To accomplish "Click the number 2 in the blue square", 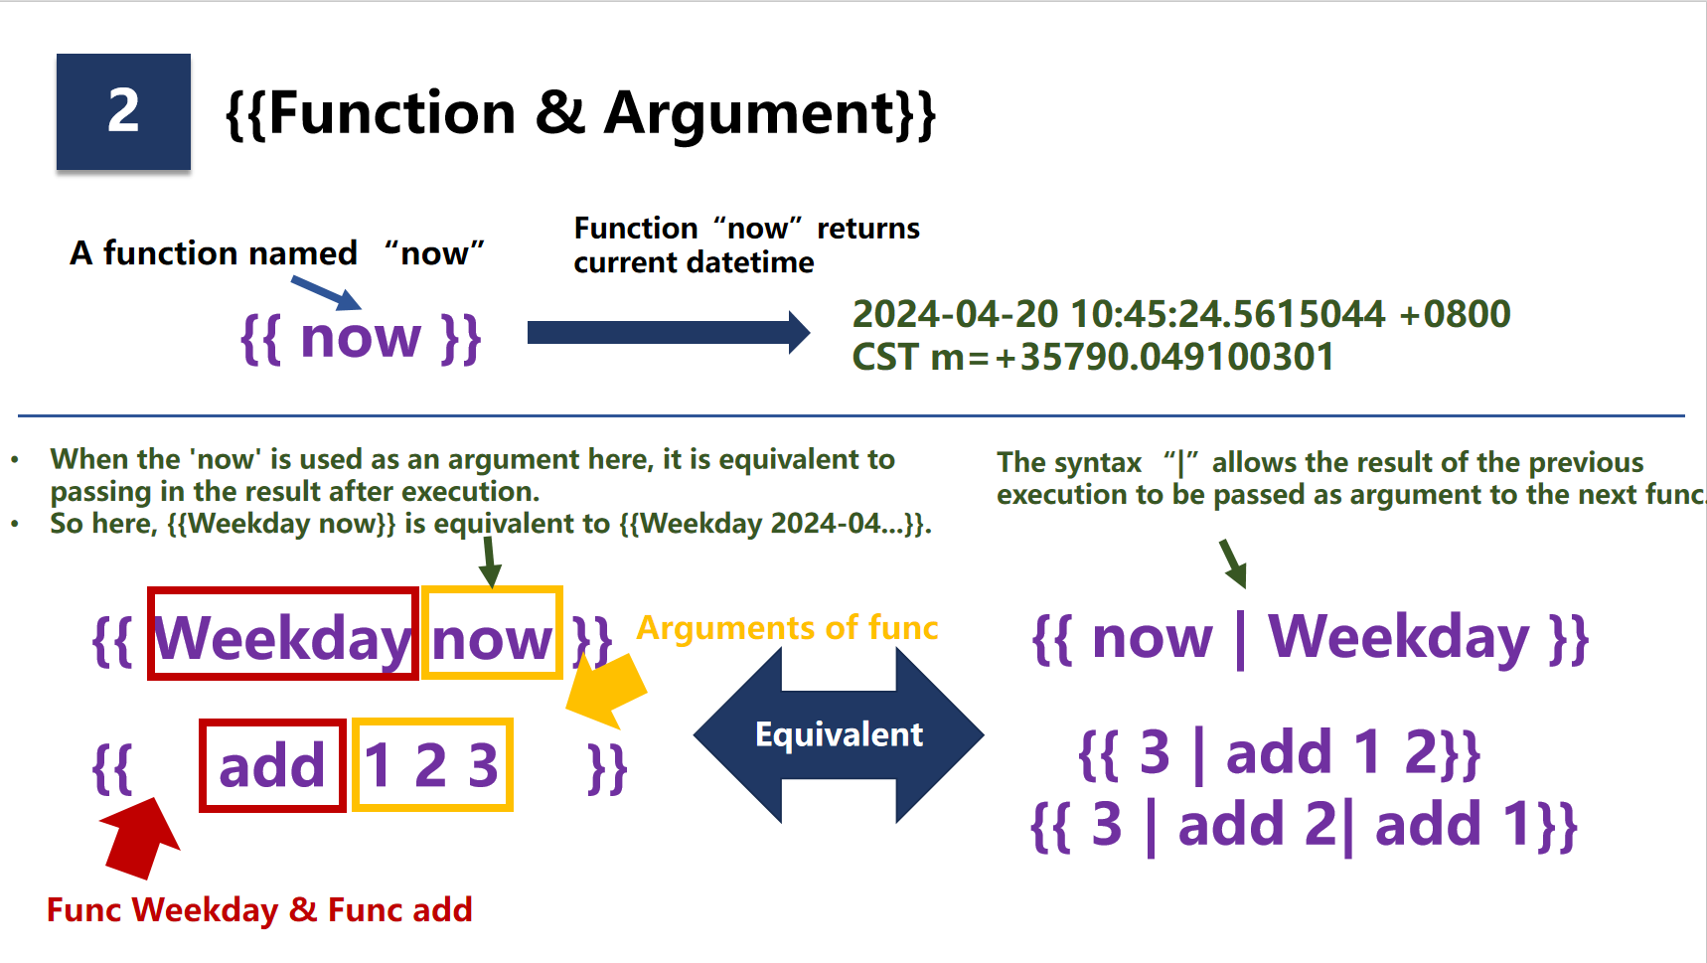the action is (123, 110).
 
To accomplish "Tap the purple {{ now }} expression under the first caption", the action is (361, 338).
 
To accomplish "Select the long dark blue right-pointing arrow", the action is (668, 332).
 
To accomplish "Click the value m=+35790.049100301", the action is (1132, 357).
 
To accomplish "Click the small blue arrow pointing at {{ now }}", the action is (326, 293).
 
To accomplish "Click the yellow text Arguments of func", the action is (787, 628).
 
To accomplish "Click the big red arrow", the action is (141, 838).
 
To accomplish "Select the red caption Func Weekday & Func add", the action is (259, 910).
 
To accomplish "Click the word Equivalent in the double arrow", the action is (839, 734).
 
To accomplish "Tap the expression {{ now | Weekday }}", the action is (1311, 638).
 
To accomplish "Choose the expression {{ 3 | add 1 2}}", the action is (1280, 753).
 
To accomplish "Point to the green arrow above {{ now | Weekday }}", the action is (1232, 563).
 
